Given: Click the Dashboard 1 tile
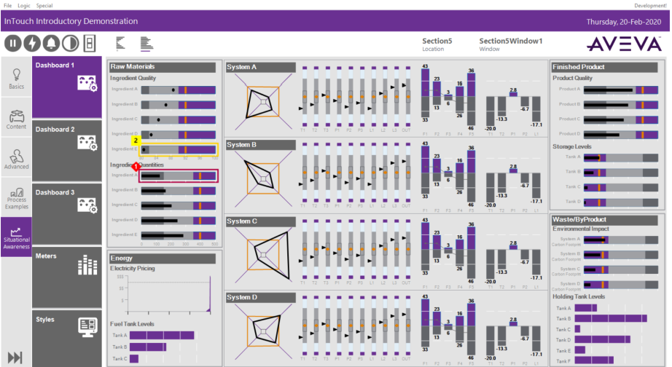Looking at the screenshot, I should (67, 87).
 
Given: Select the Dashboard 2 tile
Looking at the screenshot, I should (67, 150).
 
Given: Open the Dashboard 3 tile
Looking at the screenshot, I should (67, 213).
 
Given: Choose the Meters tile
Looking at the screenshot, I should (67, 275).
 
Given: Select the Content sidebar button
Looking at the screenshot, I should (16, 119).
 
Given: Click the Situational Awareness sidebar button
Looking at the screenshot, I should (16, 237).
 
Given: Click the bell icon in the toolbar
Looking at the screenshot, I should (52, 42).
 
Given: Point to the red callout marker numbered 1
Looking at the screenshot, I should (136, 167).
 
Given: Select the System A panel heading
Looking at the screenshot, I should (259, 67).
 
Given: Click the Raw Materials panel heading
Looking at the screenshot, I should (162, 67).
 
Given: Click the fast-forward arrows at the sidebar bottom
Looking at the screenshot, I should (15, 357).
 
